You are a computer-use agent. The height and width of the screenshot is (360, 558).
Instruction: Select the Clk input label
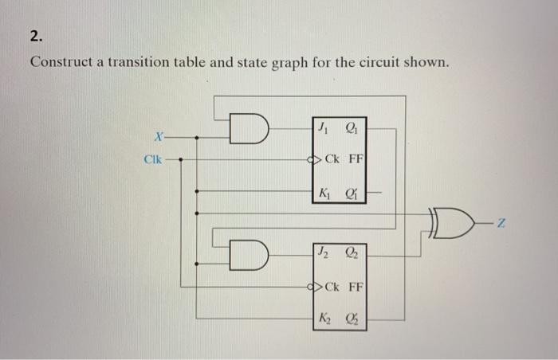(x=153, y=158)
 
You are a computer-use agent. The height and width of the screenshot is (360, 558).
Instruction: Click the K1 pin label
(x=324, y=192)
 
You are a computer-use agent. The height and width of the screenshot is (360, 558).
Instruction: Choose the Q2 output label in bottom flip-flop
(x=352, y=256)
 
